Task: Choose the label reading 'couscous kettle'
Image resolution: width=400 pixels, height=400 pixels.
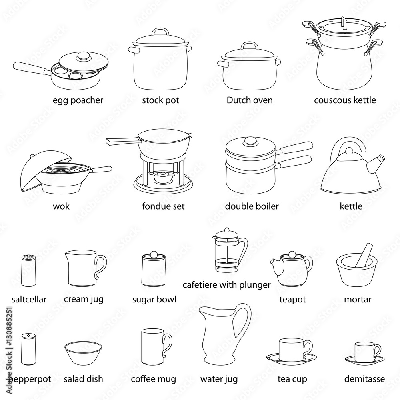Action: click(345, 100)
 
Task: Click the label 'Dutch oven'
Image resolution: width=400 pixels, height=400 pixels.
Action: click(249, 100)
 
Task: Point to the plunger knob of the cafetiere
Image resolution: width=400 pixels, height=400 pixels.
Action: click(226, 230)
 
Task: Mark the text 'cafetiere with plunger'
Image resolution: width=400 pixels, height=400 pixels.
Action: click(226, 285)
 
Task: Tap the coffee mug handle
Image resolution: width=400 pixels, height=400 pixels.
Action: click(167, 345)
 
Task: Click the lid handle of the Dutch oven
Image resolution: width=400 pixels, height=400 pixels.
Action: click(250, 45)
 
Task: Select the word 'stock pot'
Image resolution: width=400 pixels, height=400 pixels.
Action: click(160, 100)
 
